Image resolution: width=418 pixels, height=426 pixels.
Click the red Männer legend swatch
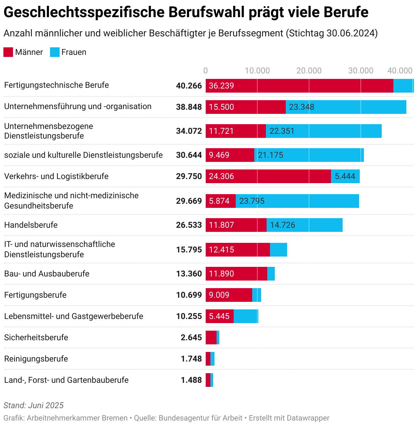coord(8,52)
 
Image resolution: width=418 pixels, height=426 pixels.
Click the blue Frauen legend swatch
coord(55,52)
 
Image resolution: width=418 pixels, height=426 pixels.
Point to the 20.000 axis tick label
coord(309,71)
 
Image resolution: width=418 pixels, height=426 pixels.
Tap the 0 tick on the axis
coord(206,71)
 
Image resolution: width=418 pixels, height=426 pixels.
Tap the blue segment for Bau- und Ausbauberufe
coord(271,274)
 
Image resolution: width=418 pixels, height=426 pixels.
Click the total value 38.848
coord(189,107)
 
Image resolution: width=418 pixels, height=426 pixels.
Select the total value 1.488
coord(191,380)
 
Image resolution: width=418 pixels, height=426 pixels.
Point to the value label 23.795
coord(252,201)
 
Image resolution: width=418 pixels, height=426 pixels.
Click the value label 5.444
coord(345,176)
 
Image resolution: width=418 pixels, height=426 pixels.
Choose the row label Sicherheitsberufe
coord(36,338)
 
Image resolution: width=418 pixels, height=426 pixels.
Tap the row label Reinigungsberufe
coord(36,359)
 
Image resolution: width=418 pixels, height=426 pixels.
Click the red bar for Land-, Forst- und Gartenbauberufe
coord(208,380)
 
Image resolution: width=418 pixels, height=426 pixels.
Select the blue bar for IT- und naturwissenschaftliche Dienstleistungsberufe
coord(279,250)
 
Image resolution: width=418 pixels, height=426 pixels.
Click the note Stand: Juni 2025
coord(34,405)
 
